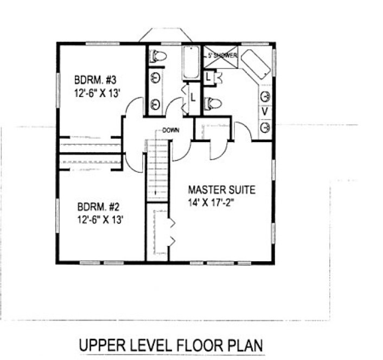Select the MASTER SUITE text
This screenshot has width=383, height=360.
pyautogui.click(x=221, y=190)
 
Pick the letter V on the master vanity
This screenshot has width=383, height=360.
pyautogui.click(x=265, y=111)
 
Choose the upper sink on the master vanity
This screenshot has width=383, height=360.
pyautogui.click(x=266, y=97)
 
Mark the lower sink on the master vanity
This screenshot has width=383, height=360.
pyautogui.click(x=266, y=127)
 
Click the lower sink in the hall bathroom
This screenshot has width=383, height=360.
pyautogui.click(x=156, y=103)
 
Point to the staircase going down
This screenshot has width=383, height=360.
pyautogui.click(x=157, y=169)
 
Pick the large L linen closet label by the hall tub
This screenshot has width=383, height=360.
pyautogui.click(x=192, y=98)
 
